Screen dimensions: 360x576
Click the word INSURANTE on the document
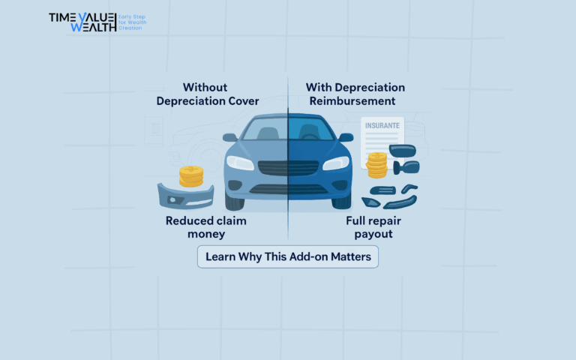[x=382, y=125]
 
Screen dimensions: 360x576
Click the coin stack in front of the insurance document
[x=376, y=165]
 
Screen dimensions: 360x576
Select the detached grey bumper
[x=184, y=197]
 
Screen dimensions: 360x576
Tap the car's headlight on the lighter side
[x=240, y=163]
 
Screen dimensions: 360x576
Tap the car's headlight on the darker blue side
[x=336, y=163]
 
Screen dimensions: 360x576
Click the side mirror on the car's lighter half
[x=231, y=138]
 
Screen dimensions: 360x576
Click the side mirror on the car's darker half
[x=345, y=138]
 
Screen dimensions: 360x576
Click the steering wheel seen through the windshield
[x=309, y=136]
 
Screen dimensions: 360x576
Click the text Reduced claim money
[x=206, y=228]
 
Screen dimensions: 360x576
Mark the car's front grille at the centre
[x=288, y=166]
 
